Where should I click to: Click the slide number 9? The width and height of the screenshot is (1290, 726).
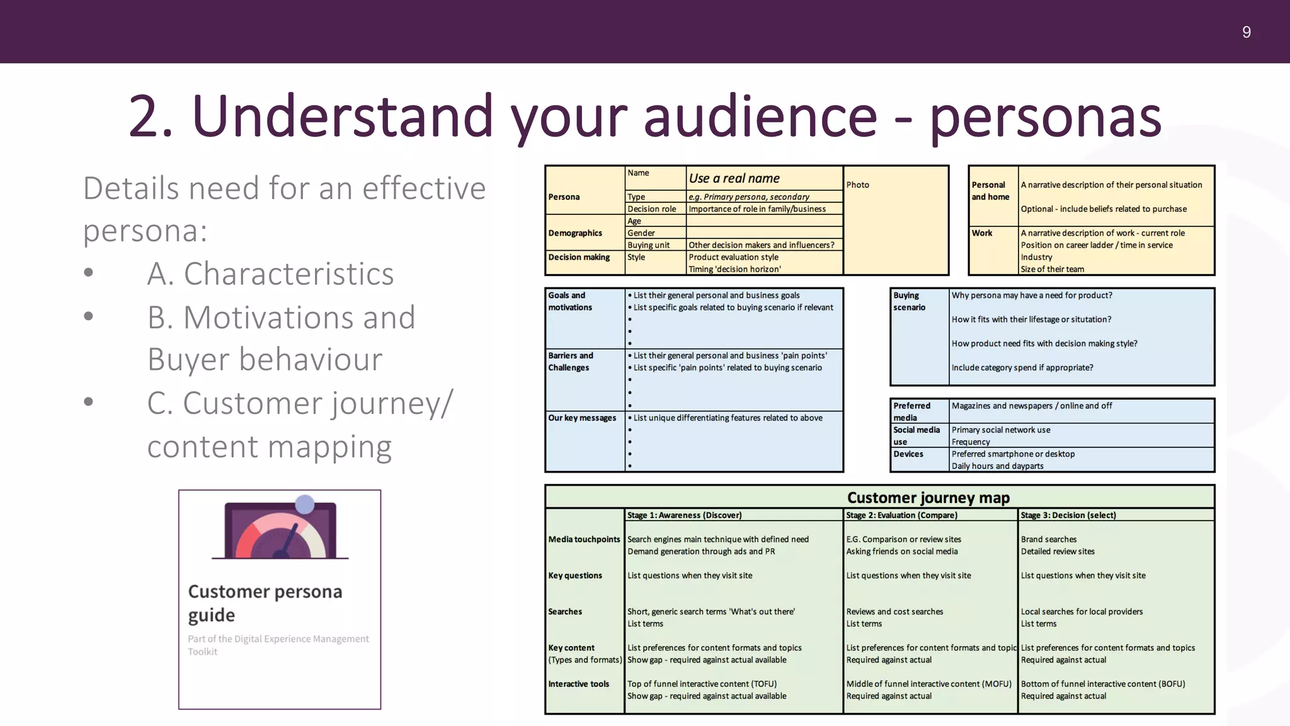pos(1246,32)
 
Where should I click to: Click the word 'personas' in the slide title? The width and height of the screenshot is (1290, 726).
pos(1046,117)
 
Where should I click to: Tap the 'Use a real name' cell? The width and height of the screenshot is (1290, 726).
pos(734,178)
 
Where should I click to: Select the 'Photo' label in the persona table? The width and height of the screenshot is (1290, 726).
pos(857,185)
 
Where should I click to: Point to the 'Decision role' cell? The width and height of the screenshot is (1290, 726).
pos(651,209)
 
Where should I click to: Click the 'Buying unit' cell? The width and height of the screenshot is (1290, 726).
pos(648,245)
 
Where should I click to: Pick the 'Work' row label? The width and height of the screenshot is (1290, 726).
pos(981,233)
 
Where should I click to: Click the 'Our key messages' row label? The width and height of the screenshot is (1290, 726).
pos(582,418)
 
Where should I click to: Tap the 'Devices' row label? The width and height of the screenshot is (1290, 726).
pos(908,454)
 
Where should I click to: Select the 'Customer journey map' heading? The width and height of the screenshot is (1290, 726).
pos(928,498)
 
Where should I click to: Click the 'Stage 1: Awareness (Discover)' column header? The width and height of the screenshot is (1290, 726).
pos(684,516)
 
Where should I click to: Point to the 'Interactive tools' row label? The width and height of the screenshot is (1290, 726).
pos(578,684)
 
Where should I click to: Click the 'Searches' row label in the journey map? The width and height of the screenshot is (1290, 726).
pos(565,612)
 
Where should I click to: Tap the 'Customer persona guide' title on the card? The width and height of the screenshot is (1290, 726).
pos(265,602)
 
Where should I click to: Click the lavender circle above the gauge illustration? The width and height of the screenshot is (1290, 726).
pos(305,504)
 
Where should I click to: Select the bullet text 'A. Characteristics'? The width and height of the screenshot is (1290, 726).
pos(270,274)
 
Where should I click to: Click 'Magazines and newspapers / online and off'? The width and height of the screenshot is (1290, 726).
pos(1031,406)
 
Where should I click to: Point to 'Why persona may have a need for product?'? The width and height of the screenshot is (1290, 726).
pos(1031,296)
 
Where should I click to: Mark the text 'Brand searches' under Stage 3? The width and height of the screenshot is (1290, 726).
pos(1048,539)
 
